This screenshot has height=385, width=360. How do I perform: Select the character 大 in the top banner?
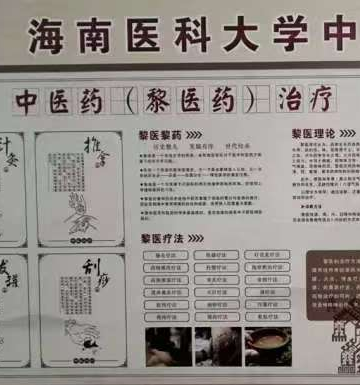pos(220,36)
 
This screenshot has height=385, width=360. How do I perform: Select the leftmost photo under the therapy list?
pos(167,345)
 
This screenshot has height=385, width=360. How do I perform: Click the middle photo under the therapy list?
pos(217,345)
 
